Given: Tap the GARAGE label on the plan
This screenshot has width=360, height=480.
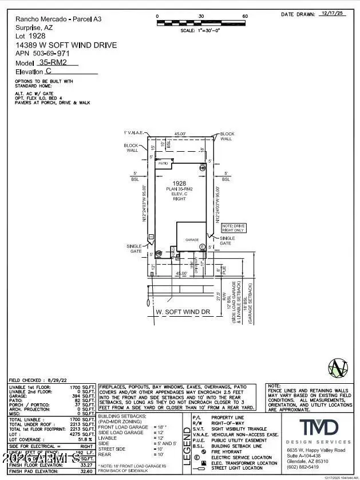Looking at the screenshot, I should tap(191, 241).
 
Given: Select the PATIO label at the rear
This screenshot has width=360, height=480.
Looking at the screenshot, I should tap(163, 163).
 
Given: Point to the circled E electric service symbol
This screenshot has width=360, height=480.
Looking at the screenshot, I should tap(202, 247).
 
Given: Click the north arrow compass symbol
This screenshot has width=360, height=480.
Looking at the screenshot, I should tap(336, 367).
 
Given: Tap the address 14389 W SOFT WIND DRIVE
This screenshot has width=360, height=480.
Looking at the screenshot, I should tap(66, 45).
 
